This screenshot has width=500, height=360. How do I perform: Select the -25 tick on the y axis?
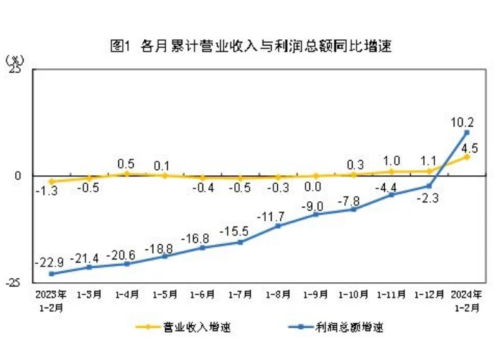click(x=13, y=282)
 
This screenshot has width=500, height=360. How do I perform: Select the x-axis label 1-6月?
click(x=203, y=295)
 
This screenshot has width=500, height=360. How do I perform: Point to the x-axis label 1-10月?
click(x=354, y=295)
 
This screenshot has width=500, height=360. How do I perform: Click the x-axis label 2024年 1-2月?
click(x=466, y=299)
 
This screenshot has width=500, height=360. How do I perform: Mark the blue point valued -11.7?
click(x=278, y=225)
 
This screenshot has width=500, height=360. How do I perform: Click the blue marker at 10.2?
click(x=466, y=132)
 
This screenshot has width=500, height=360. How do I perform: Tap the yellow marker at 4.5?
click(x=466, y=156)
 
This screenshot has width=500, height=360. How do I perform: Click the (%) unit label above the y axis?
click(x=14, y=60)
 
